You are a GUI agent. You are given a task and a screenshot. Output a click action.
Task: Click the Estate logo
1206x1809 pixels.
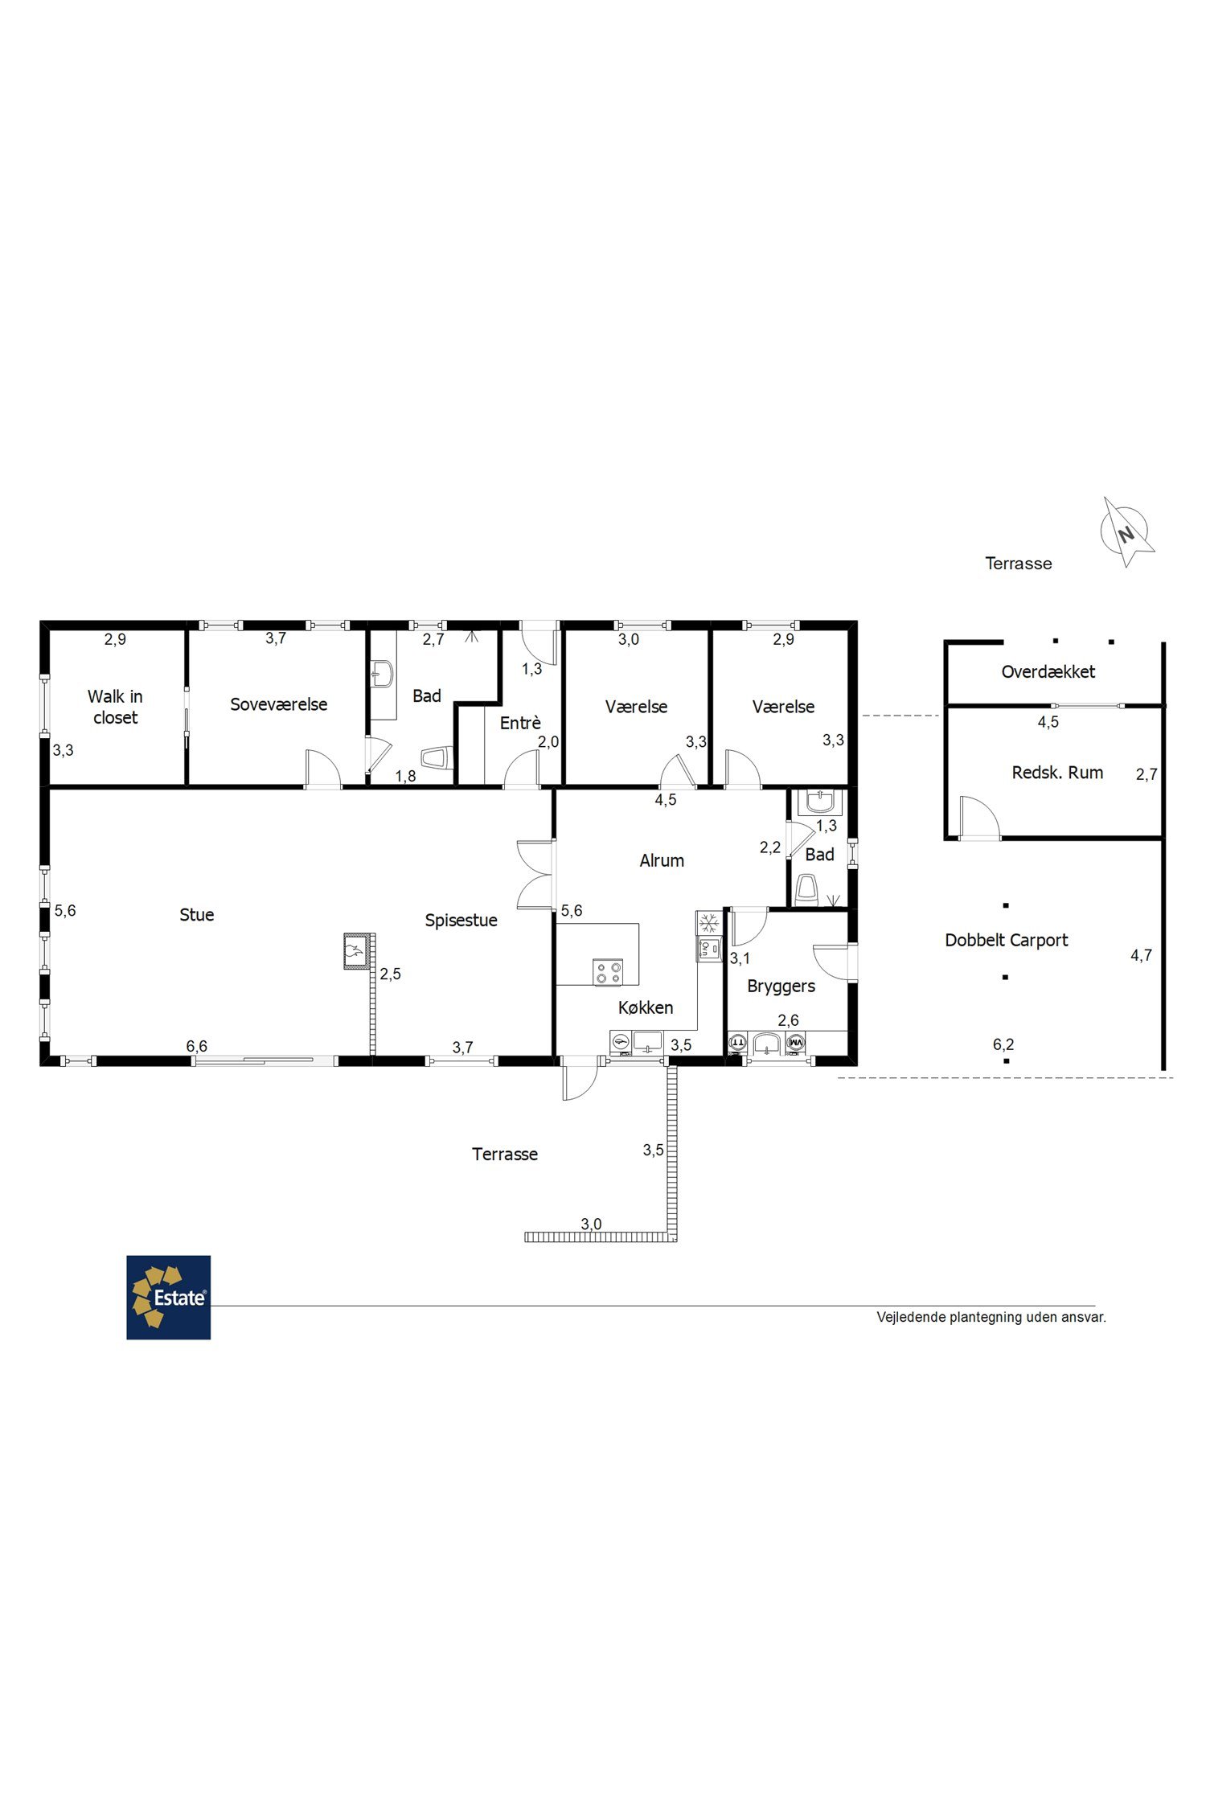(x=168, y=1297)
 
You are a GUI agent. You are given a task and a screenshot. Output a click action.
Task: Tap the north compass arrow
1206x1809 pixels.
(x=1127, y=532)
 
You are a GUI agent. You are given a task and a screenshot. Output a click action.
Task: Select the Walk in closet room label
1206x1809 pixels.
(x=115, y=707)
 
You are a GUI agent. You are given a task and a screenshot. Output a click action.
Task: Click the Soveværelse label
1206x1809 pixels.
(x=278, y=704)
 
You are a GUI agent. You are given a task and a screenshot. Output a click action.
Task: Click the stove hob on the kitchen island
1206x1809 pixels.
(x=608, y=972)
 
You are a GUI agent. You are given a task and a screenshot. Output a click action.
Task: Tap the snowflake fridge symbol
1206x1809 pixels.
(x=708, y=922)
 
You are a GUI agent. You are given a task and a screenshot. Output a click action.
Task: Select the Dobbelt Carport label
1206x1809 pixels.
(x=1007, y=940)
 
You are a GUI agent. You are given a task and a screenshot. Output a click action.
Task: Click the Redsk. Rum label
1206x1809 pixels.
(x=1057, y=773)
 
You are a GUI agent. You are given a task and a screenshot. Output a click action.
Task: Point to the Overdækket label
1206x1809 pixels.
(x=1048, y=671)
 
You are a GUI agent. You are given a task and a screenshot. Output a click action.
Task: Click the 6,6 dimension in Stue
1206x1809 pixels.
(x=197, y=1046)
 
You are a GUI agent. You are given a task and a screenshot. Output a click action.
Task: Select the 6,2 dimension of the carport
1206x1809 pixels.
(x=1003, y=1044)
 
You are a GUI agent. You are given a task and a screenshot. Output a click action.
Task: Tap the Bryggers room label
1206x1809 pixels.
(x=781, y=987)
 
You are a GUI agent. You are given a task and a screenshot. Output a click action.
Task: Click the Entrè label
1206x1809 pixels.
(x=520, y=723)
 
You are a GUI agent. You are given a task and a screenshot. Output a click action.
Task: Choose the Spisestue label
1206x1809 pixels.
(x=461, y=921)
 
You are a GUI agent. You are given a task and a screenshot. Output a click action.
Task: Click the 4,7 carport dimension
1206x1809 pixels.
(x=1141, y=955)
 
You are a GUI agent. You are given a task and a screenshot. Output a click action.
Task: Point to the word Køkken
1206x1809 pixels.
(x=646, y=1007)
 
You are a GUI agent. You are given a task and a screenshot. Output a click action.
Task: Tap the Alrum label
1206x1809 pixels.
(x=662, y=860)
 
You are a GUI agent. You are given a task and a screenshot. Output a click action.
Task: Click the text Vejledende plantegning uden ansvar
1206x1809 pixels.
(x=991, y=1317)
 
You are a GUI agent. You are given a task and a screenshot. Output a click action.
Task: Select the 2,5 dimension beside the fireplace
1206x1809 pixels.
(x=390, y=974)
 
